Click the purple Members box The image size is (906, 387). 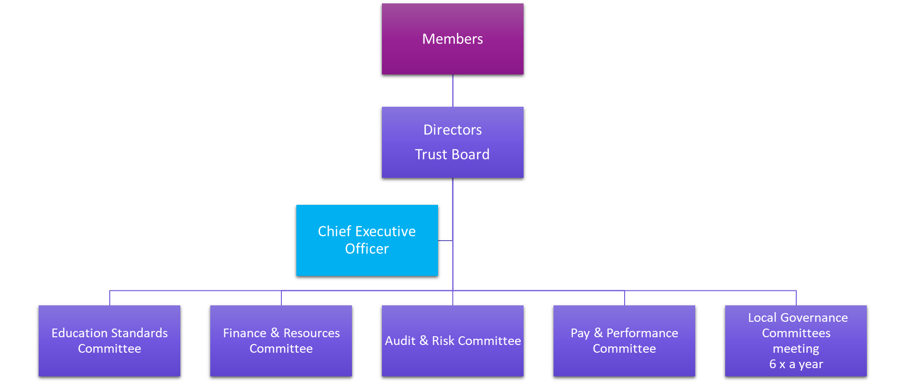point(453,39)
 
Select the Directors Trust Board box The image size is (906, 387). point(453,142)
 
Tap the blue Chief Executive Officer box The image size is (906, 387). point(367,240)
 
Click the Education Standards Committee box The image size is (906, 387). point(109,341)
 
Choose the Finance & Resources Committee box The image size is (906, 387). point(281,341)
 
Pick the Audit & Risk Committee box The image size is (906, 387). point(453,341)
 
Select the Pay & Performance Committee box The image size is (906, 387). point(624,341)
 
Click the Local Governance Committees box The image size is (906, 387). point(796,341)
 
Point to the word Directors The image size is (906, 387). point(453,130)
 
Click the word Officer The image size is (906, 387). point(367,249)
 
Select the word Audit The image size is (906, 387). point(400,341)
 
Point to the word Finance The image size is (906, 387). point(245,333)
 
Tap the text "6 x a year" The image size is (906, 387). point(796,364)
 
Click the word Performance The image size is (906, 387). point(642,333)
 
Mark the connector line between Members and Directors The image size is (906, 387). point(453,91)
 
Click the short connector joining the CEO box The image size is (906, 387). point(445,240)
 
